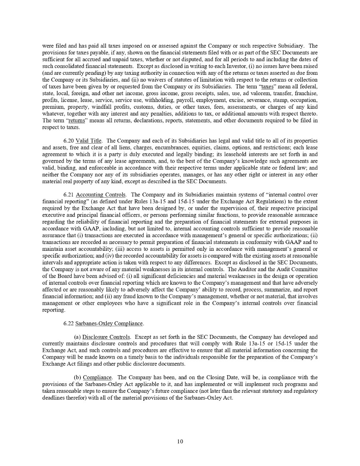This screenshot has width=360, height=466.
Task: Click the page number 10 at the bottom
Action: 180,442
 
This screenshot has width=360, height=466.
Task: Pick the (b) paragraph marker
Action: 78,377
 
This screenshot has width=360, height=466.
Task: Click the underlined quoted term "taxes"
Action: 267,87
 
